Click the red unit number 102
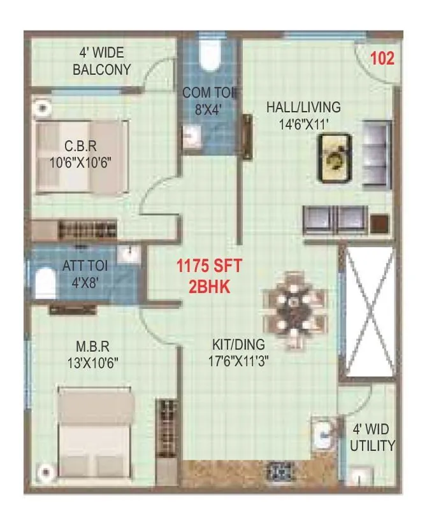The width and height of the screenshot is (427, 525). click(382, 59)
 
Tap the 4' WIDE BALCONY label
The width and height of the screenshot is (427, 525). click(102, 62)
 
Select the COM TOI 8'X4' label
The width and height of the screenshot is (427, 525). click(210, 101)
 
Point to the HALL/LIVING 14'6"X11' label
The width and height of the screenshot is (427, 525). click(303, 115)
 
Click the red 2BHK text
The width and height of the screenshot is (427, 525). click(209, 287)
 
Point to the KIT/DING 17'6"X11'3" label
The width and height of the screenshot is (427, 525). click(242, 352)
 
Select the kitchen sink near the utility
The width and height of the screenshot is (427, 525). click(324, 436)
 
